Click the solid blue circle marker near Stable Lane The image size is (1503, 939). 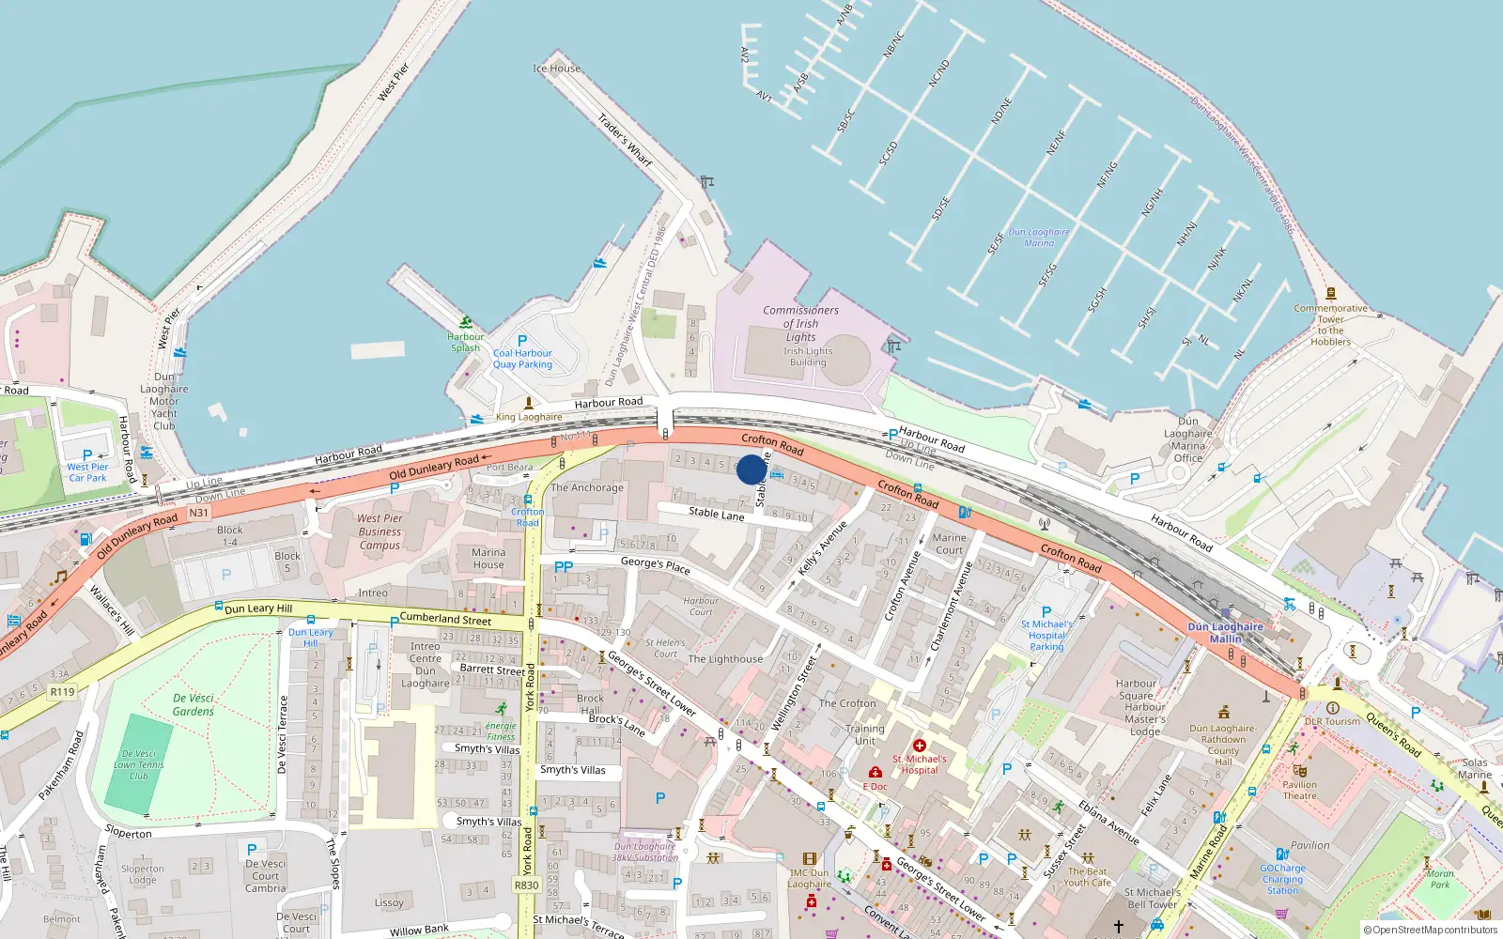coord(751,469)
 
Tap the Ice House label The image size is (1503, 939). coord(557,69)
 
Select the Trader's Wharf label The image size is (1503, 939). coord(625,140)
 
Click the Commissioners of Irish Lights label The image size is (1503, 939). coord(800,323)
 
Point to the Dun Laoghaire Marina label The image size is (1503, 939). coord(1038,237)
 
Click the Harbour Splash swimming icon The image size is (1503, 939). coord(465,322)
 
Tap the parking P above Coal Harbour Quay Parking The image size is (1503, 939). coord(522,341)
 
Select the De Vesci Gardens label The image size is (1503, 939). coord(194,704)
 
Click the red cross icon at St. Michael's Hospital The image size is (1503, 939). coord(920,745)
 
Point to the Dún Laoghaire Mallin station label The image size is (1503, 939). coord(1225,632)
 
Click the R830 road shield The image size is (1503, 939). coord(526,885)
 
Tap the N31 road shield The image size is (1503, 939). coord(198,513)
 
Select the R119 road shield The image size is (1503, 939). coord(62,692)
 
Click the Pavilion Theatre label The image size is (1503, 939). coord(1300,790)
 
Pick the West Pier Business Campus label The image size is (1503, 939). coord(380,531)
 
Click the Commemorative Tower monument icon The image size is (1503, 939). coord(1330,294)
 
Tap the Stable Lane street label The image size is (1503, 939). coord(716,513)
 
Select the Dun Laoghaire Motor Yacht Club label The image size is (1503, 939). coord(164,401)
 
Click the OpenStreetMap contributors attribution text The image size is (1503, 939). coord(1430,930)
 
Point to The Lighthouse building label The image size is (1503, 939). coord(725,659)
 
